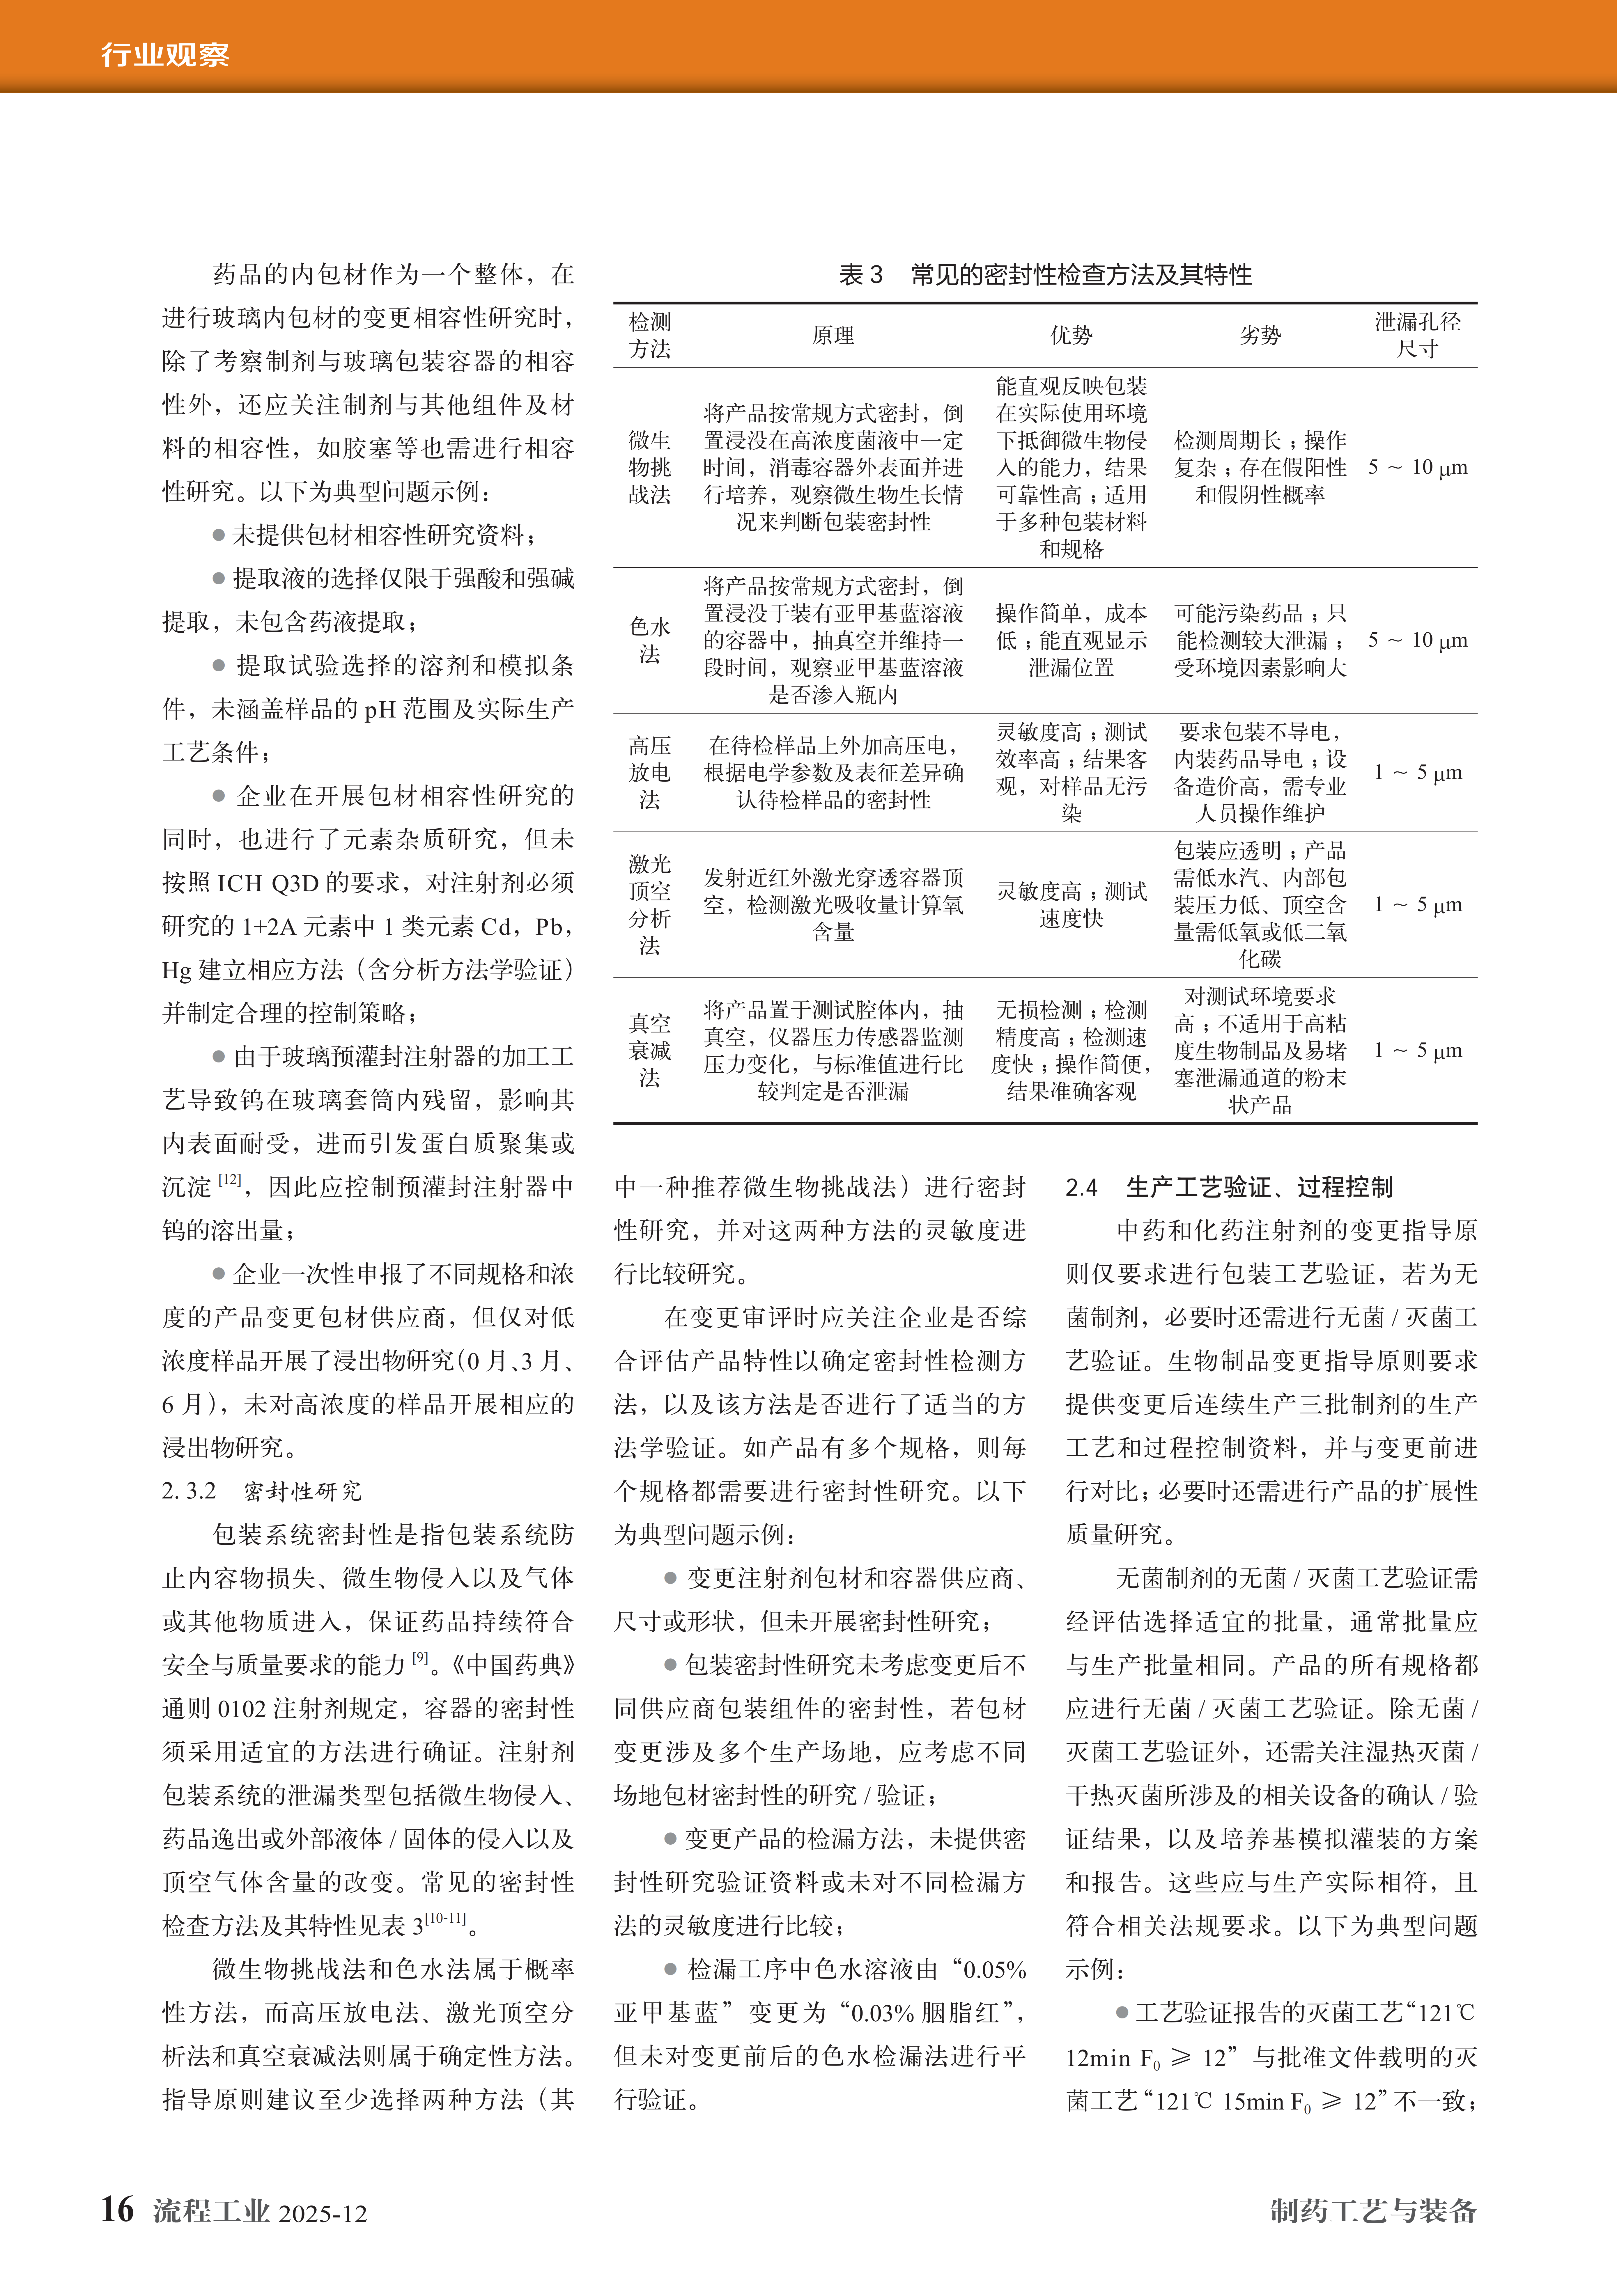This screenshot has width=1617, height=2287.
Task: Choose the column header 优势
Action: click(1071, 336)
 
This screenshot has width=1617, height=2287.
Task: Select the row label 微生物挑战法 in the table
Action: click(650, 467)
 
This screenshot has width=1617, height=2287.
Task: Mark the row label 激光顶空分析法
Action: click(650, 904)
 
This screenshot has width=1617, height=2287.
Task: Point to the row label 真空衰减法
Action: click(650, 1050)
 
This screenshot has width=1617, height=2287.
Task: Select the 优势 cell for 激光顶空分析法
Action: click(1071, 904)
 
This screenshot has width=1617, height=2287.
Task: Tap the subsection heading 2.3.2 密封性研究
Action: click(262, 1491)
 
